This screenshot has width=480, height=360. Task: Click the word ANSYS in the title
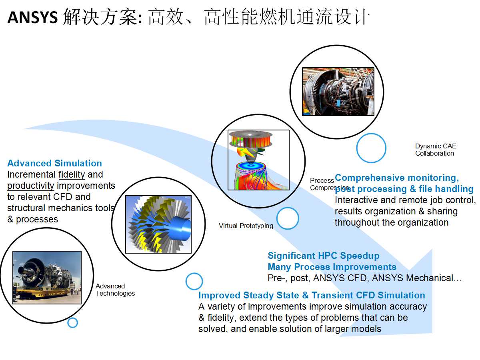click(x=32, y=18)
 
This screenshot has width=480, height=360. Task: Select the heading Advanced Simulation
click(x=55, y=163)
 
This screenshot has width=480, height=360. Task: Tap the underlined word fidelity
click(x=72, y=175)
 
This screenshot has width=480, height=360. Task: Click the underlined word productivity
click(x=31, y=186)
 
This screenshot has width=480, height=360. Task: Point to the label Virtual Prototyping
click(x=246, y=226)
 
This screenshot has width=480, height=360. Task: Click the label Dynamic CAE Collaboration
click(x=436, y=150)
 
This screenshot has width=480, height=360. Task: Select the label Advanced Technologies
click(x=115, y=290)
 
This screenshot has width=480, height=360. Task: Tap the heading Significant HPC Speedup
click(x=324, y=256)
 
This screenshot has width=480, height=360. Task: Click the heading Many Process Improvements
click(x=332, y=267)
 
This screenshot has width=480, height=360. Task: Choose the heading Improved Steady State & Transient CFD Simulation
click(x=312, y=295)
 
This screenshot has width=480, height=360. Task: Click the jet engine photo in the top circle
click(x=338, y=92)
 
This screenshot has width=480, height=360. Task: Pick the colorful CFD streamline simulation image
click(x=258, y=160)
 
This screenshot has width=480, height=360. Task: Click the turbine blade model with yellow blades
click(x=158, y=224)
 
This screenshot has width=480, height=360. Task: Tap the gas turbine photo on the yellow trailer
click(x=47, y=277)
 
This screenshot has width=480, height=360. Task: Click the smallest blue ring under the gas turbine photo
click(x=73, y=318)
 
